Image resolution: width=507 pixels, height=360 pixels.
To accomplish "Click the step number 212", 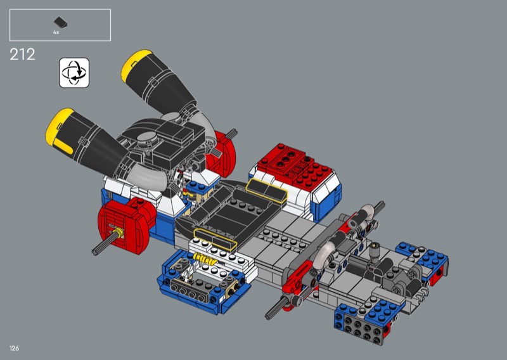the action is coord(22,55).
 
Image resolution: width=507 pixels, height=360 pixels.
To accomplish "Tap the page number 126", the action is coord(14,349).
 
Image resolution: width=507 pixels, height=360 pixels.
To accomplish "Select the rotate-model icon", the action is coord(74,73).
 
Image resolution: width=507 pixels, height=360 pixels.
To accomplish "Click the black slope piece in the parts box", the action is coord(60,23).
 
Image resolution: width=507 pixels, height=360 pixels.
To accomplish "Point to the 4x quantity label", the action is coord(56,32).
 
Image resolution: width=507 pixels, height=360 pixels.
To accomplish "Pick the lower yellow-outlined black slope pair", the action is coord(215,240).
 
